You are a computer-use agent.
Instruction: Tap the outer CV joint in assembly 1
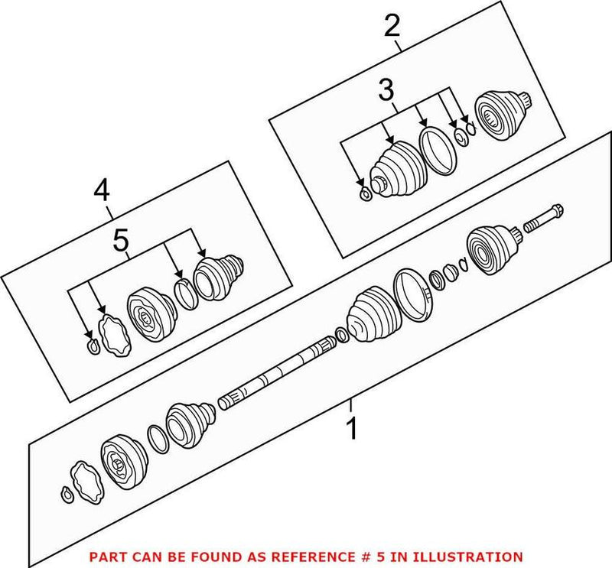490,248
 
